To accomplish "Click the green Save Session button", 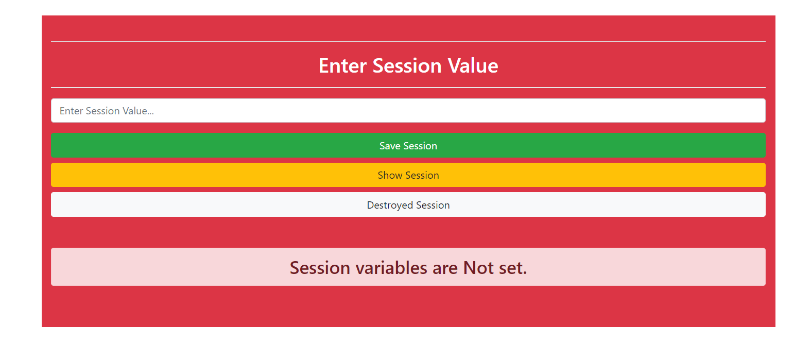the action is point(408,145).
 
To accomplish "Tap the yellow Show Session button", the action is point(408,175).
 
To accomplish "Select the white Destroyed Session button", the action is point(408,204).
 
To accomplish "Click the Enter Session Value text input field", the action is point(408,110).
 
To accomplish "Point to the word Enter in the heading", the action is point(342,66).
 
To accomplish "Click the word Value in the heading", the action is point(473,65).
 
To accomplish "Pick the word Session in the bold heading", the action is point(407,66).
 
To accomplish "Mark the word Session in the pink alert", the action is point(320,268).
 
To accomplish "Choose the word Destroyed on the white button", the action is point(390,205).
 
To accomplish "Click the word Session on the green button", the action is point(420,146).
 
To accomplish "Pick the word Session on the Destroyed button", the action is point(433,205).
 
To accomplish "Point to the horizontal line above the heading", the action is point(408,41).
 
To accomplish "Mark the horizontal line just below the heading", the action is point(408,87).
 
